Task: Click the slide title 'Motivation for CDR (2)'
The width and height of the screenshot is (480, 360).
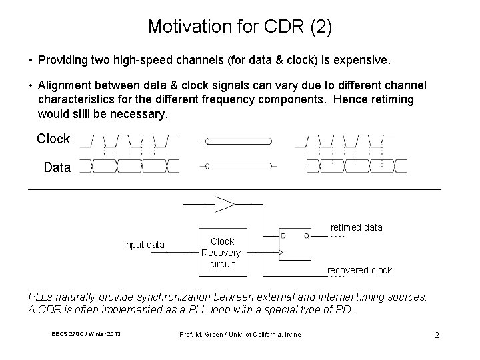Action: coord(239,27)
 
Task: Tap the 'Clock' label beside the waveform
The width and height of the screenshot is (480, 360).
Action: coord(53,139)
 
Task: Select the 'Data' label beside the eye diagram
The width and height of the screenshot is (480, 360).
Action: coord(57,167)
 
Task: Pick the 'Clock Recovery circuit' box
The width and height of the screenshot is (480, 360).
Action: coord(222,253)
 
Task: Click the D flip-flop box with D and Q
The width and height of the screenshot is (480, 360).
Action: coord(295,246)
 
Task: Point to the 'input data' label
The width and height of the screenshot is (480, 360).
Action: coord(144,245)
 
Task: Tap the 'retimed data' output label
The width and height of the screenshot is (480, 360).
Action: coord(357,227)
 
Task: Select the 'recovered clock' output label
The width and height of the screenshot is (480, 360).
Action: coord(359,270)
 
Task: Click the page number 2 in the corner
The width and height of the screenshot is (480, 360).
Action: coord(437,335)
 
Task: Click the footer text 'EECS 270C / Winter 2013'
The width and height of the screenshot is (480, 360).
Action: coord(81,333)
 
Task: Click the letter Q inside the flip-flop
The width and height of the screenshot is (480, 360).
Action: coord(305,236)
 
